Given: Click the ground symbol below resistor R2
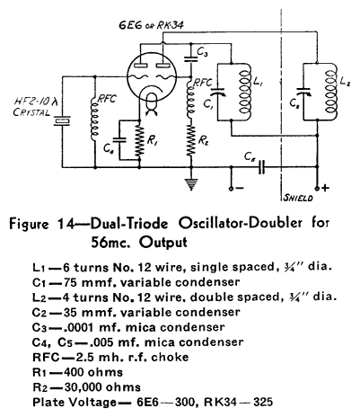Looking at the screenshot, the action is pos(191,184).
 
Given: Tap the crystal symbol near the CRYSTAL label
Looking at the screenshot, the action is pos(62,120).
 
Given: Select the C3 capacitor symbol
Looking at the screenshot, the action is pos(191,58).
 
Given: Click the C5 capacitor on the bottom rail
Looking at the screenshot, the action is pos(262,167).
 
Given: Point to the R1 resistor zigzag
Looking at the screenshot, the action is pos(139,140).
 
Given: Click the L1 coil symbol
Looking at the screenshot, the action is pos(246,92).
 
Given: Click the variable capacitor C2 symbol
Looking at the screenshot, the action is pos(303,92).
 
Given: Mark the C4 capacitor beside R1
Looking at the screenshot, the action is pos(119,140).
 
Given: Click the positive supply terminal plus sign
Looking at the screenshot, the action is pos(325,188).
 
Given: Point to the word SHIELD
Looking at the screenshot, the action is pos(298,198).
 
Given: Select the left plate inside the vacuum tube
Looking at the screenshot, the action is pos(140,65).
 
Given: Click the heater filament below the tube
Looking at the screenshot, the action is pos(152,104).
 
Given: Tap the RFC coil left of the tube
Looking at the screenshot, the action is pos(94,119).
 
